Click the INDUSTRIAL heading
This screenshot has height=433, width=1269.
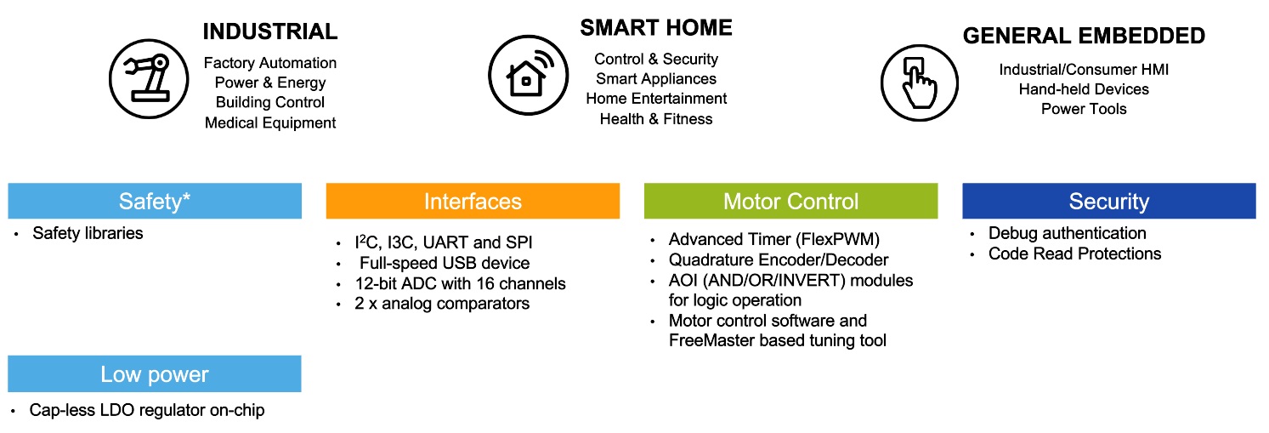[x=270, y=32]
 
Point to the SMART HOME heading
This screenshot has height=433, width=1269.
[x=655, y=28]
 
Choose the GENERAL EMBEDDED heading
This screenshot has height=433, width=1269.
[x=1084, y=36]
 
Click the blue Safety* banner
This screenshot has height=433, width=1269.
[x=155, y=202]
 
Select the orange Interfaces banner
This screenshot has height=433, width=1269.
[x=473, y=202]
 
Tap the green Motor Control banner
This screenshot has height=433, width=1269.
[x=790, y=202]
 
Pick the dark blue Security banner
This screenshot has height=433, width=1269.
[x=1108, y=202]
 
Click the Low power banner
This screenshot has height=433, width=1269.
[x=155, y=374]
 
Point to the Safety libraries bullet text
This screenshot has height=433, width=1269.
[x=88, y=233]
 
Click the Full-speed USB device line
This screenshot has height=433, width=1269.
[x=444, y=263]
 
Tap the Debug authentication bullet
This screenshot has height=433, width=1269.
[x=1067, y=233]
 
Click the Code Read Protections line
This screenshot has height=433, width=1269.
[x=1074, y=254]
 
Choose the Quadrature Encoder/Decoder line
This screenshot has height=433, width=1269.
[x=779, y=260]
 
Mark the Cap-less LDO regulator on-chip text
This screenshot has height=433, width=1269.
[x=147, y=410]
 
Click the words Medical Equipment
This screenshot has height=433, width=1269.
[x=270, y=122]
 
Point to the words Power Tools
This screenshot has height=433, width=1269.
[x=1084, y=109]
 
